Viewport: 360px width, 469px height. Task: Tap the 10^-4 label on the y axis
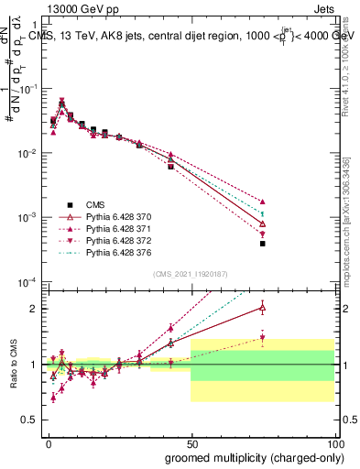(28, 281)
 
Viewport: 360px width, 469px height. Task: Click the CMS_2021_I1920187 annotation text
(190, 273)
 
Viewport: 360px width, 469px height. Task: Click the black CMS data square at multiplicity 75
(262, 244)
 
